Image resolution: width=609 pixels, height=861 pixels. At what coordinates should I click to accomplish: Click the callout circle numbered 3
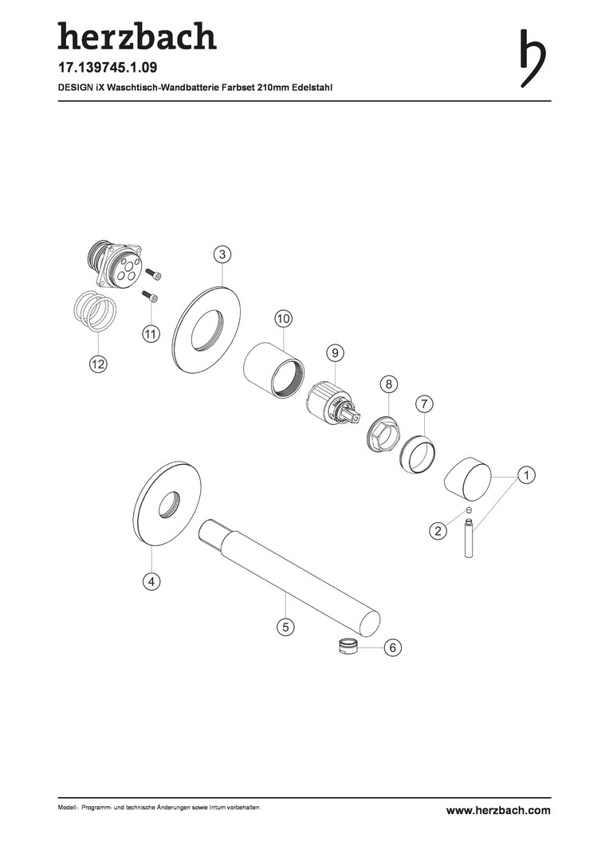coord(222,254)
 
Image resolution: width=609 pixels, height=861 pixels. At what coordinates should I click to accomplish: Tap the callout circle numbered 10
coord(283,318)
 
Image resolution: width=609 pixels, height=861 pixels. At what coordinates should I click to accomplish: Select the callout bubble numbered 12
coord(99,364)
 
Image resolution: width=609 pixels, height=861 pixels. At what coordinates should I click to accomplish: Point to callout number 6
coord(393,648)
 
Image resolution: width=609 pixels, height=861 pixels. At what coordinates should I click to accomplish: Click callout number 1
coord(526,475)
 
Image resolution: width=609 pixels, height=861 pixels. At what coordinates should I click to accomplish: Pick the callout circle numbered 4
coord(151,581)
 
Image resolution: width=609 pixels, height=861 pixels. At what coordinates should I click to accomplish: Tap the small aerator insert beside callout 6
coord(347,646)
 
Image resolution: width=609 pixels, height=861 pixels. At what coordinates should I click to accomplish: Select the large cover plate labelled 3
coord(206,329)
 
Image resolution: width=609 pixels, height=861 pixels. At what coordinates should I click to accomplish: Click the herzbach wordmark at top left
coord(137,36)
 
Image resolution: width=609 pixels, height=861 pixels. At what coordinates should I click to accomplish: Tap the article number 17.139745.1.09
coord(108,68)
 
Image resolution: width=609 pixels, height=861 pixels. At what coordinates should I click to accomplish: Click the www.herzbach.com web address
coord(498,810)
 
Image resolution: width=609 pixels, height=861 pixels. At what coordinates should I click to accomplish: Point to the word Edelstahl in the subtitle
coord(313,88)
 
